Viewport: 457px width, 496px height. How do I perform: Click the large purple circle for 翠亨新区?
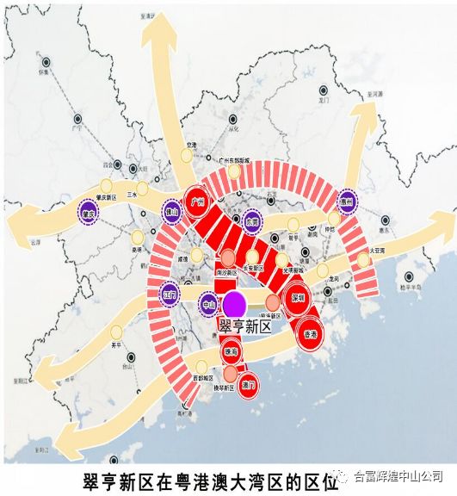[x=233, y=303]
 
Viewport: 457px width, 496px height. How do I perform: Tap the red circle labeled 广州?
[x=198, y=202]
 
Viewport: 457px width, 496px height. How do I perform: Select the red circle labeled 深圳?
[x=299, y=300]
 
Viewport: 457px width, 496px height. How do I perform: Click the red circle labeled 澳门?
[x=250, y=385]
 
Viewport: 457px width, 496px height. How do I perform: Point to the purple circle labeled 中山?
[x=207, y=304]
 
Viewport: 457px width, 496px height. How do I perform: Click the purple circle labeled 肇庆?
[x=86, y=212]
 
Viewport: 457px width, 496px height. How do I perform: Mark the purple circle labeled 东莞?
[x=251, y=220]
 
